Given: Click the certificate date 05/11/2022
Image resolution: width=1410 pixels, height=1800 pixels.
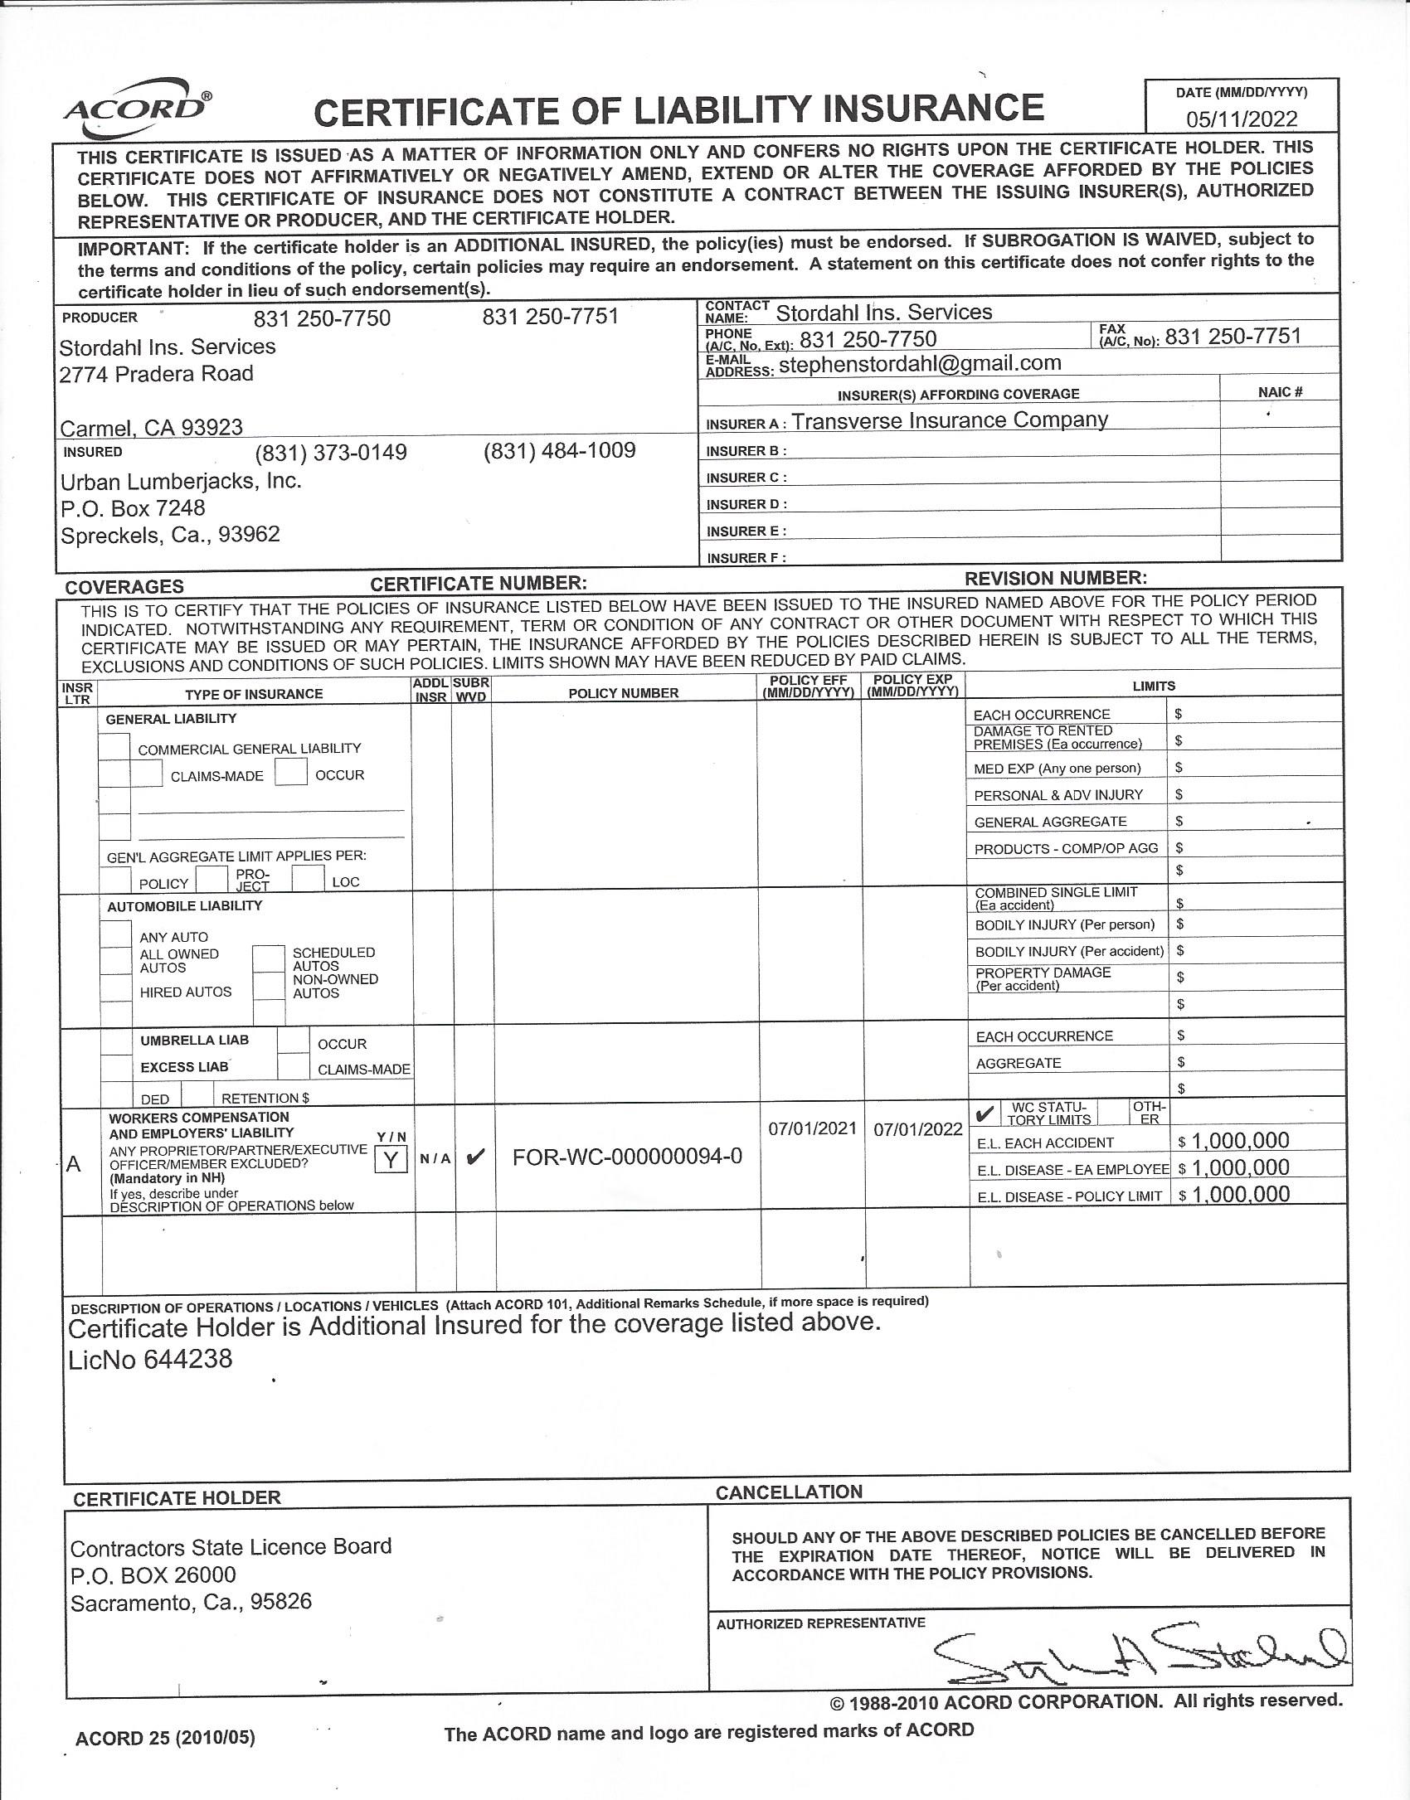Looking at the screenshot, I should [1241, 119].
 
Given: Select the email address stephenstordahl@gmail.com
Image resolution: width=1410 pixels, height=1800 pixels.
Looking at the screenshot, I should [920, 363].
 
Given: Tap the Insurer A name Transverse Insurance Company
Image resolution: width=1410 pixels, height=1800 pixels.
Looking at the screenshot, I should [949, 420].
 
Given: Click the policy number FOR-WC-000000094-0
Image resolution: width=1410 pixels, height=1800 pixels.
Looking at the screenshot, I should [627, 1157].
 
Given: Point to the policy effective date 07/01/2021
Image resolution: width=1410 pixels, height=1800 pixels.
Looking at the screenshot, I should [812, 1128].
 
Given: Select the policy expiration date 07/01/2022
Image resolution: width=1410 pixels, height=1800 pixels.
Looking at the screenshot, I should [917, 1129].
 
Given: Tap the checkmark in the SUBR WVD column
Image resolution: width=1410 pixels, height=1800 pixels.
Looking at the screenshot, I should [475, 1157].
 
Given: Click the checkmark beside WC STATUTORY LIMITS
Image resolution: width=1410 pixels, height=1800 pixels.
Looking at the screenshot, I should [985, 1113].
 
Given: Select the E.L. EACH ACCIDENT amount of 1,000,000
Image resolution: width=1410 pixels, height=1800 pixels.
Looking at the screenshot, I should [1240, 1141].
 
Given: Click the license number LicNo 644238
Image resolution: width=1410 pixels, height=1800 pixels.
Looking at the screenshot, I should [150, 1360].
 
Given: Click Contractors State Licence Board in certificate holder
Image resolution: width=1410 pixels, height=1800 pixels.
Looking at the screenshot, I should [231, 1547].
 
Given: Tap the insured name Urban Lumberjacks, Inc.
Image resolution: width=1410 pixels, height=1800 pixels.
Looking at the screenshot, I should [181, 481].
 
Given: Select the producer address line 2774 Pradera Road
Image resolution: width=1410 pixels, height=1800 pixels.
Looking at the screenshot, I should [156, 374].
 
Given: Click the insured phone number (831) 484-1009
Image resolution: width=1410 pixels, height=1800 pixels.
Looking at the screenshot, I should [559, 450].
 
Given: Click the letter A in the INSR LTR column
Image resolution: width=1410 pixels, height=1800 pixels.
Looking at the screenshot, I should [73, 1164].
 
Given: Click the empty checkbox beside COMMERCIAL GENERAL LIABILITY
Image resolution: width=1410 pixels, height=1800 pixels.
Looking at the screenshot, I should [114, 747].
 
